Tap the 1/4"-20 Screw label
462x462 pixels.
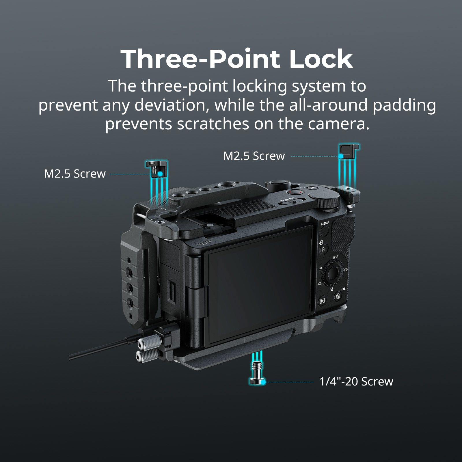coord(356,382)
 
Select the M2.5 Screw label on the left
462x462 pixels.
coord(75,174)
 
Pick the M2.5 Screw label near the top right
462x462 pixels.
coord(254,156)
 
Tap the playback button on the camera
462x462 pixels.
coord(322,301)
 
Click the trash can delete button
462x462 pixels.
coord(338,296)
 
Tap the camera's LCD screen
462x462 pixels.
coord(258,284)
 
